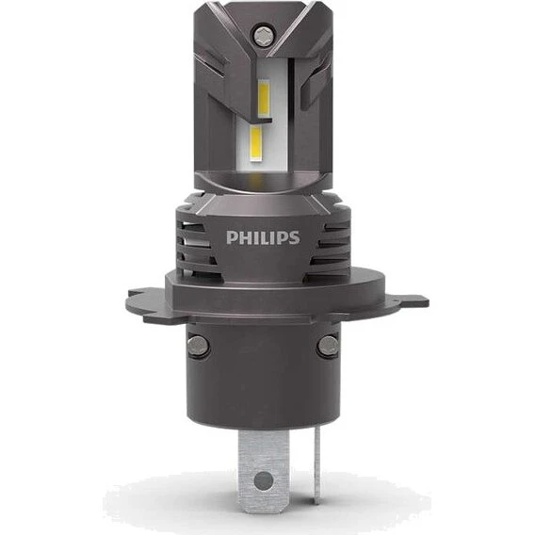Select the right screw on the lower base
[x=327, y=346]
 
